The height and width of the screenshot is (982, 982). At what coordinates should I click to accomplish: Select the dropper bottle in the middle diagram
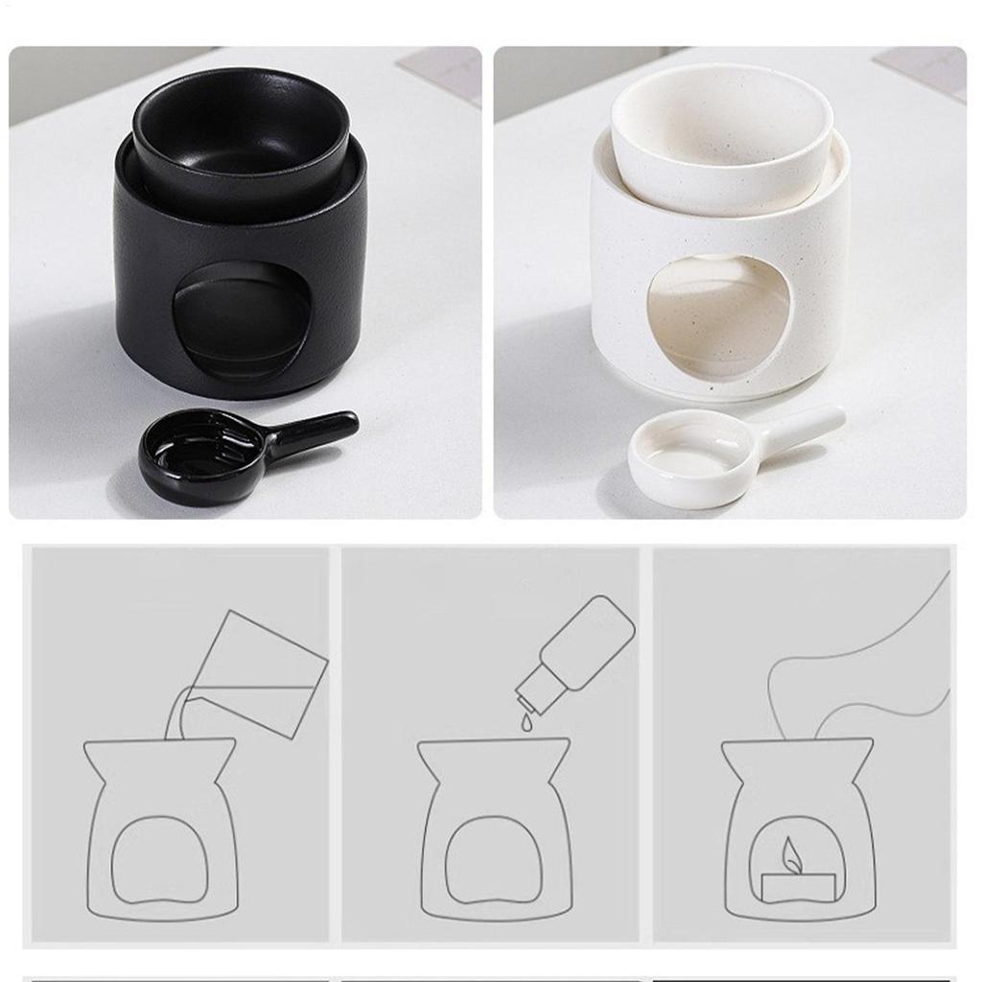(x=576, y=653)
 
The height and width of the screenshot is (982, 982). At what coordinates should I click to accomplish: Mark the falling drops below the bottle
(x=526, y=719)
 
